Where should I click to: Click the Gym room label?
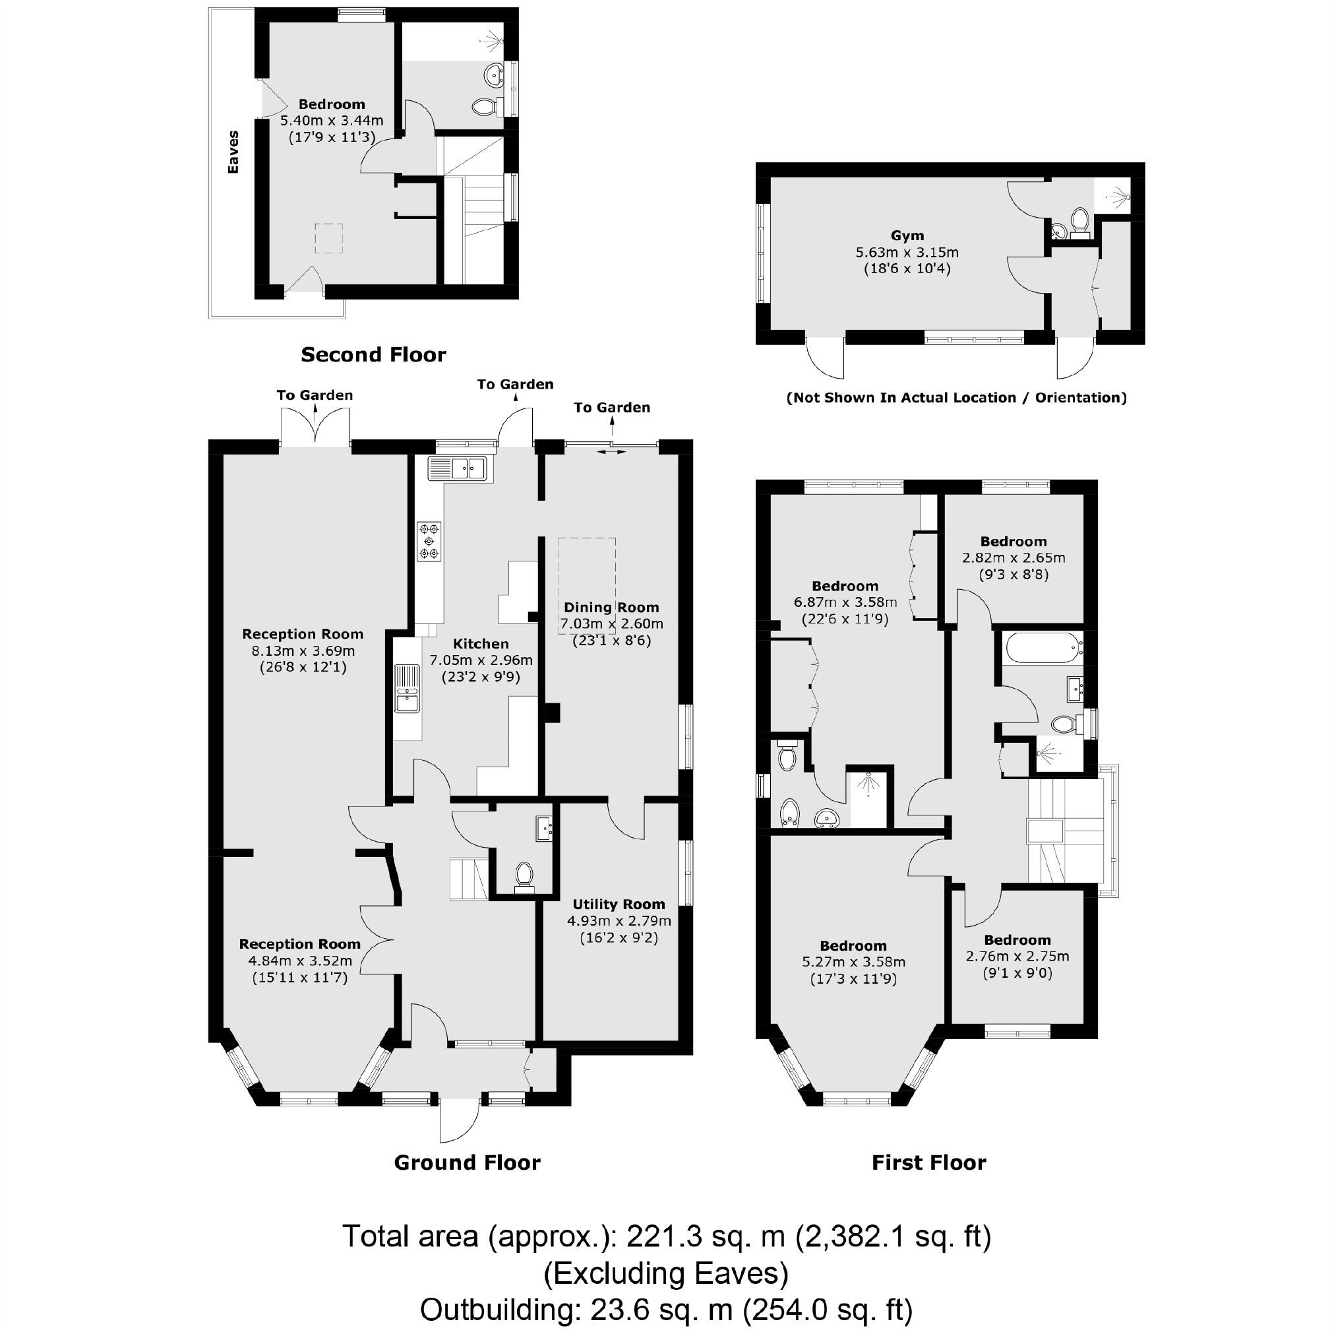pyautogui.click(x=907, y=236)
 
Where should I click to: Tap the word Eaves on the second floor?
pyautogui.click(x=233, y=152)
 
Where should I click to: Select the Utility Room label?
pyautogui.click(x=619, y=904)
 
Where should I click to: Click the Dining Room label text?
pyautogui.click(x=611, y=607)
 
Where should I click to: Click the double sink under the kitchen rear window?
pyautogui.click(x=458, y=468)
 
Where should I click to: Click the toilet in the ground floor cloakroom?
pyautogui.click(x=524, y=874)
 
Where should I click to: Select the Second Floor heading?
pyautogui.click(x=373, y=355)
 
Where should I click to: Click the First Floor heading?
pyautogui.click(x=928, y=1162)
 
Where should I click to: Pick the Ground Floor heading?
pyautogui.click(x=467, y=1162)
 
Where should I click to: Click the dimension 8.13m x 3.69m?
pyautogui.click(x=303, y=651)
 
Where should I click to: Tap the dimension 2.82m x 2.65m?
pyautogui.click(x=1013, y=557)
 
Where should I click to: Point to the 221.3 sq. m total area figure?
pyautogui.click(x=706, y=1236)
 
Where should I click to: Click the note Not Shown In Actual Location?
pyautogui.click(x=956, y=398)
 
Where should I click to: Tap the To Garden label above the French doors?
pyautogui.click(x=315, y=395)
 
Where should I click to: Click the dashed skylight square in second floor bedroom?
pyautogui.click(x=329, y=238)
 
